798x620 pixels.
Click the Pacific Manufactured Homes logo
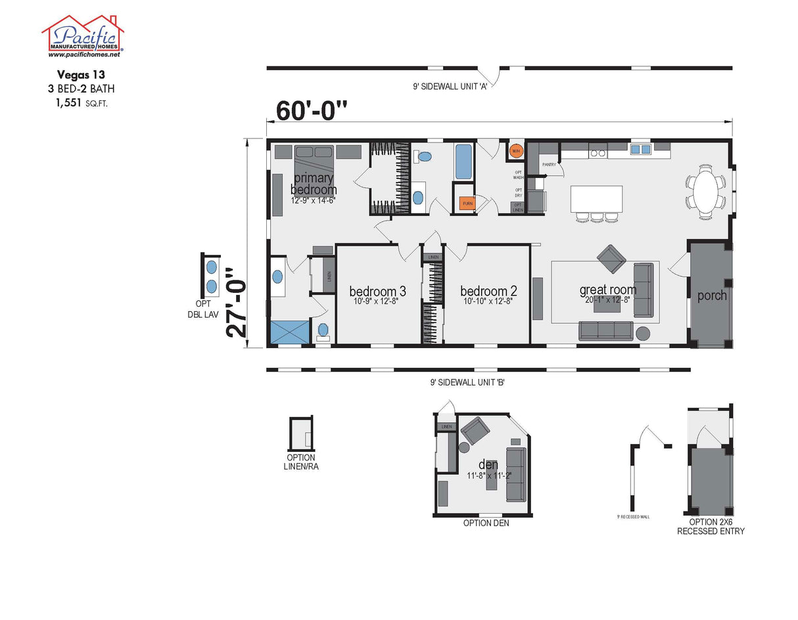82,36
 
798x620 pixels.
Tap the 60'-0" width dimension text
311,110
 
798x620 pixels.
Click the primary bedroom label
314,184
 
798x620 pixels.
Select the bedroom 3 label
377,292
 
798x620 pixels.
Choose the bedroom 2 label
488,292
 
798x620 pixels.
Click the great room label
607,290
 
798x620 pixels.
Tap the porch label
712,296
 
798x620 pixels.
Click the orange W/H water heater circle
517,150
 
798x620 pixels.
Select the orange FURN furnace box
467,204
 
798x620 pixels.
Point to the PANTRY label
549,165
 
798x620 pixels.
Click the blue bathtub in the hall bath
463,162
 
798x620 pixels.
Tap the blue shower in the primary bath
289,332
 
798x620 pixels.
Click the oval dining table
706,190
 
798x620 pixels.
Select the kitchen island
596,198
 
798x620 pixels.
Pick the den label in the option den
488,465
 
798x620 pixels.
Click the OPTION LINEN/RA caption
301,462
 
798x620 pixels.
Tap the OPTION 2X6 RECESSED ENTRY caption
711,526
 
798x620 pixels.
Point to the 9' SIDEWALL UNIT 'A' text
449,86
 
